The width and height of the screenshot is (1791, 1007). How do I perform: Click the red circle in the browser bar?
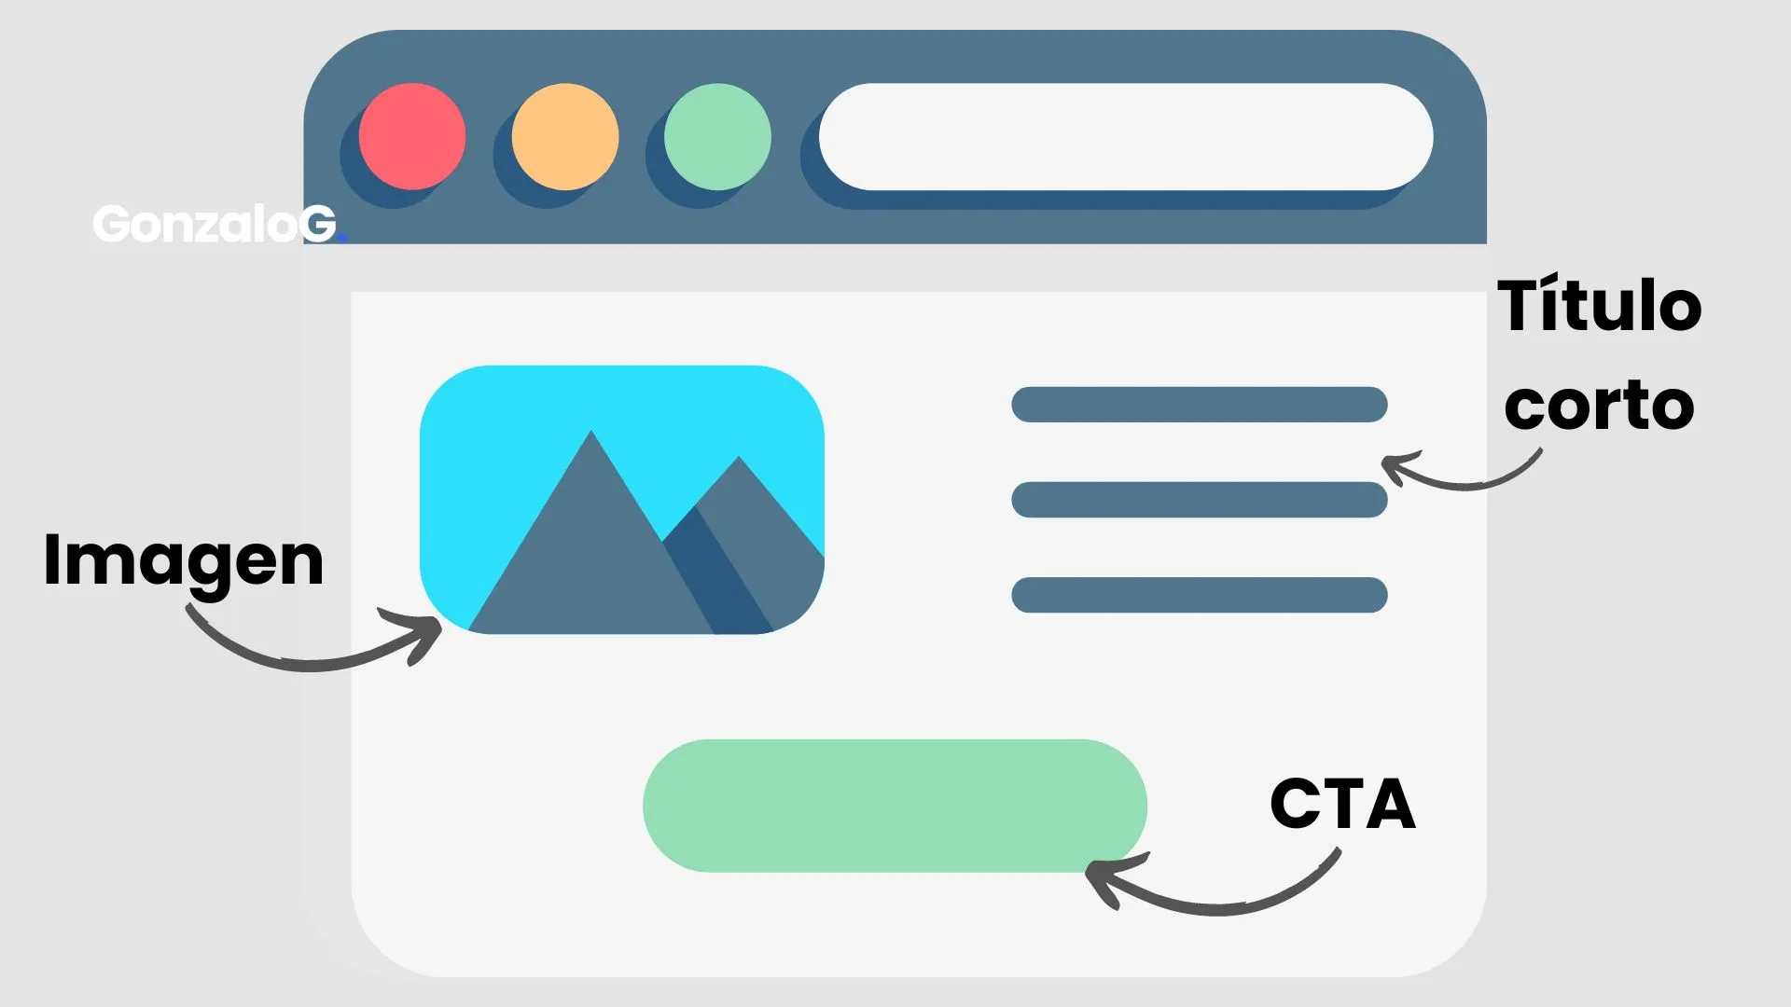(412, 136)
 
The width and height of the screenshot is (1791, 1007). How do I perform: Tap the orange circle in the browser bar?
(565, 136)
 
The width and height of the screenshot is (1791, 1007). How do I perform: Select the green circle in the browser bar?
(717, 136)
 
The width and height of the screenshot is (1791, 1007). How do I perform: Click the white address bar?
(1126, 136)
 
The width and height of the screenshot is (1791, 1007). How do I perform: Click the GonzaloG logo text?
(215, 224)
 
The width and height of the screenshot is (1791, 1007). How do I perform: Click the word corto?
(1599, 406)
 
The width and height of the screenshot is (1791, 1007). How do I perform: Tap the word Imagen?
(184, 561)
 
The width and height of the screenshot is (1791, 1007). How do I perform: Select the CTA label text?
(1343, 804)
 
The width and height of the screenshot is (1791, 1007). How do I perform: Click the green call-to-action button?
(895, 806)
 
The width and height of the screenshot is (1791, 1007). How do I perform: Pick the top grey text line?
(1200, 405)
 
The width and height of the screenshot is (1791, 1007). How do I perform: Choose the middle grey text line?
(1200, 500)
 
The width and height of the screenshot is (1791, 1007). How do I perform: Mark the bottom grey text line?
(1200, 595)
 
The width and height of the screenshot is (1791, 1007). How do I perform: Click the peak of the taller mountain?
(590, 431)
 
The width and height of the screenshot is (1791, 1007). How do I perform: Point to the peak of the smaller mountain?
(739, 457)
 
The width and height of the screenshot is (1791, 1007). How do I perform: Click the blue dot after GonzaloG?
(342, 239)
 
